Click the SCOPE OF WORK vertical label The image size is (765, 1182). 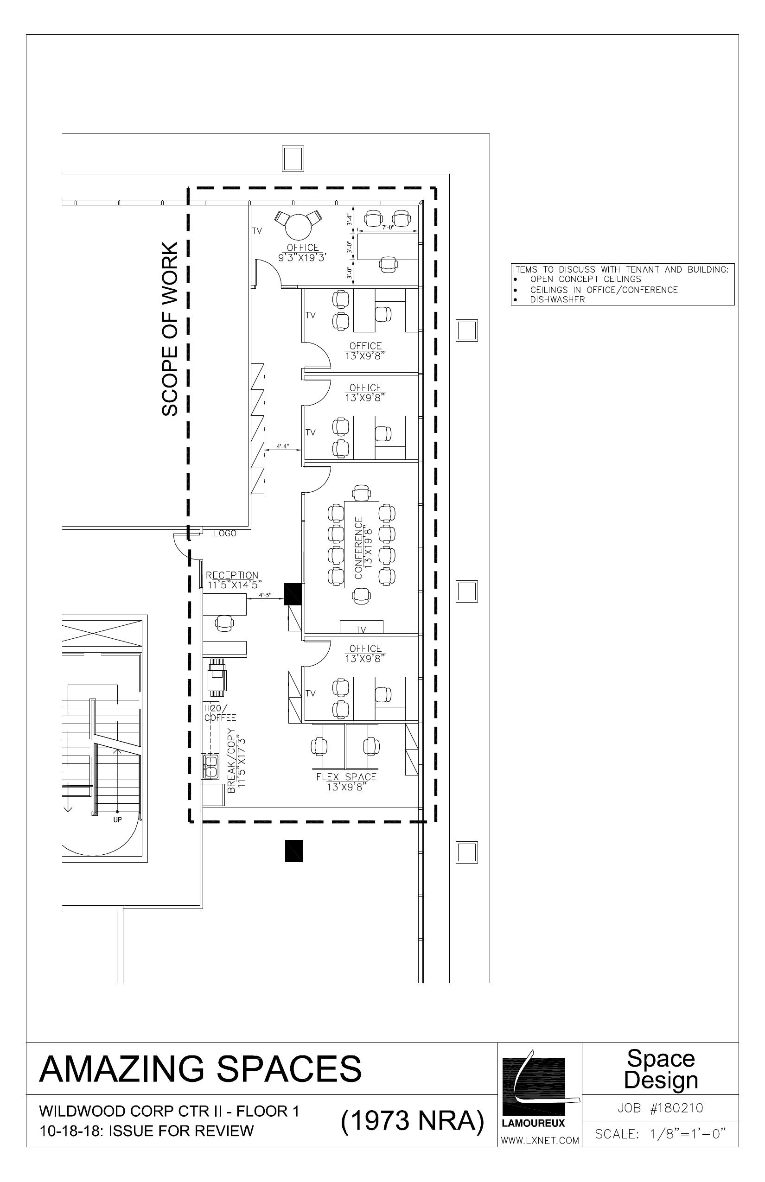pyautogui.click(x=169, y=329)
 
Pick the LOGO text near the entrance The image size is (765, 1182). pyautogui.click(x=225, y=534)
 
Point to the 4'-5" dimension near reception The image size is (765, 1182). pyautogui.click(x=265, y=595)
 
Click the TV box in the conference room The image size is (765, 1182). pyautogui.click(x=361, y=627)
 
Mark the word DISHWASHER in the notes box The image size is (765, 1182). pyautogui.click(x=557, y=299)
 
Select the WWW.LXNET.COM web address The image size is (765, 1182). pyautogui.click(x=540, y=1140)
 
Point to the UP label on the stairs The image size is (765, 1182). pyautogui.click(x=117, y=820)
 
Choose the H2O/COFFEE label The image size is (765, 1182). pyautogui.click(x=220, y=713)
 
